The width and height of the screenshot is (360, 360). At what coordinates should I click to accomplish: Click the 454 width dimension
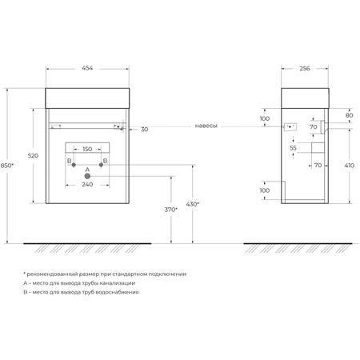click(x=87, y=68)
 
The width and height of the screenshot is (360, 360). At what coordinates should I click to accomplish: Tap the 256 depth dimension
click(x=305, y=69)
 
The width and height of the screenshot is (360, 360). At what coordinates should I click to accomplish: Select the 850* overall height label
click(x=7, y=166)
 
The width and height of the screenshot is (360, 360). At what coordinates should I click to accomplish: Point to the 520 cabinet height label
click(x=33, y=155)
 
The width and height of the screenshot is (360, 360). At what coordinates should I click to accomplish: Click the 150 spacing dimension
click(x=87, y=149)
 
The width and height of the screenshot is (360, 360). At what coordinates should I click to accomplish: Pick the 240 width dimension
click(x=87, y=185)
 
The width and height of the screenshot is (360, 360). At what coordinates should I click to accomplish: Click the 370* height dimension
click(x=171, y=210)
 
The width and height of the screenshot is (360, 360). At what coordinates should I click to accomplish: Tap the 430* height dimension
click(x=193, y=204)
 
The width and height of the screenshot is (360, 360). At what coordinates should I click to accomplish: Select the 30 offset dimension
click(x=144, y=130)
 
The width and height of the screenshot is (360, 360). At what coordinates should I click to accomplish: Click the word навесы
click(x=206, y=126)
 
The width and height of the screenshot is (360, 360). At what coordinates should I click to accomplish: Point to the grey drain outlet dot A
click(x=87, y=176)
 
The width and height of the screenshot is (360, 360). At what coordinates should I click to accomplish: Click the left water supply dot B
click(x=74, y=165)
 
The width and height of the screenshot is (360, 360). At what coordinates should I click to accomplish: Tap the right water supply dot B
click(x=101, y=165)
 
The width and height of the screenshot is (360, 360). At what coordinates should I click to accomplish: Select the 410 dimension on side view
click(x=349, y=166)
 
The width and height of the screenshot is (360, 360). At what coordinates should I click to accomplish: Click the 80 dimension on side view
click(x=349, y=115)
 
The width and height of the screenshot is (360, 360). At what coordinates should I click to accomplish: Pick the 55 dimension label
click(x=293, y=148)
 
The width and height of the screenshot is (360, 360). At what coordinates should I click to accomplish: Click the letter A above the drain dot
click(x=87, y=170)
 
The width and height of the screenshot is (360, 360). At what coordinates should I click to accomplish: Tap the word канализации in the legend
click(x=119, y=283)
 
